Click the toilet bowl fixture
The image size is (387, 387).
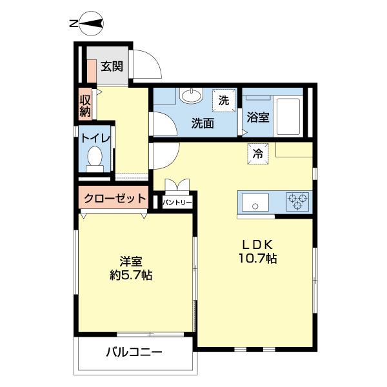point(95,158)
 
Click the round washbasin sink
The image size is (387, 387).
point(191,97)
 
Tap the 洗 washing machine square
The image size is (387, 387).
point(223,101)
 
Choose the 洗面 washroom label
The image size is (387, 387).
point(202,123)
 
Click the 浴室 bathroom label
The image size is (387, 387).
point(258,119)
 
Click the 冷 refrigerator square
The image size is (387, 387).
point(257,154)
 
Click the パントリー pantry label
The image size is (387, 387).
point(176,203)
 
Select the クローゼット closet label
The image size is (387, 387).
point(113,199)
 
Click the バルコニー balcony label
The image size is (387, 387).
point(134,353)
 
